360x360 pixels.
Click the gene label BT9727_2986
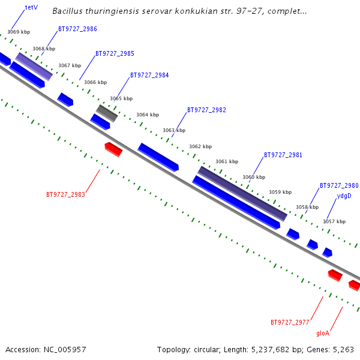pyautogui.click(x=77, y=29)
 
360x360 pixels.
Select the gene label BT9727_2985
pyautogui.click(x=115, y=53)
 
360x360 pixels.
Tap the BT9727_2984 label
pyautogui.click(x=149, y=75)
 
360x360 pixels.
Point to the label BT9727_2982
pyautogui.click(x=206, y=110)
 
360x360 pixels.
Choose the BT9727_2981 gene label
pyautogui.click(x=283, y=155)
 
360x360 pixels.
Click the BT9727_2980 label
pyautogui.click(x=339, y=185)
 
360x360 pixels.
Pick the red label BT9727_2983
pyautogui.click(x=65, y=194)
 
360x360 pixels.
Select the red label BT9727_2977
pyautogui.click(x=290, y=322)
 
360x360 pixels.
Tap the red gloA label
pyautogui.click(x=323, y=333)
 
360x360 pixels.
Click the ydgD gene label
pyautogui.click(x=344, y=196)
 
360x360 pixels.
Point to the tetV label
pyautogui.click(x=31, y=8)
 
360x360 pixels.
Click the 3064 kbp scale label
pyautogui.click(x=148, y=115)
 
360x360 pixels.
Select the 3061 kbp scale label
pyautogui.click(x=227, y=161)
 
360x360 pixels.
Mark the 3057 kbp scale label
pyautogui.click(x=334, y=221)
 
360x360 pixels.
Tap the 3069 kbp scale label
pyautogui.click(x=19, y=32)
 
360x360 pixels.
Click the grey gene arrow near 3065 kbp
pyautogui.click(x=107, y=112)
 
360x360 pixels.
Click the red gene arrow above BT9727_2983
pyautogui.click(x=113, y=149)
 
